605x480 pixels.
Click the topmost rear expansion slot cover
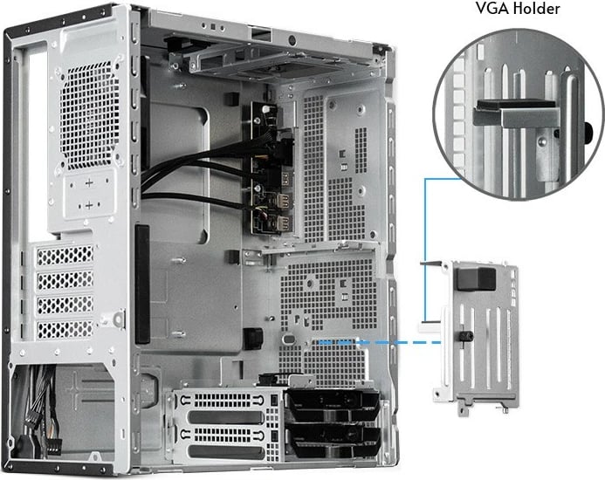pos(65,256)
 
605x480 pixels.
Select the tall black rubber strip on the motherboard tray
pos(141,284)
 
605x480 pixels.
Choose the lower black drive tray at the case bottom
pos(332,437)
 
